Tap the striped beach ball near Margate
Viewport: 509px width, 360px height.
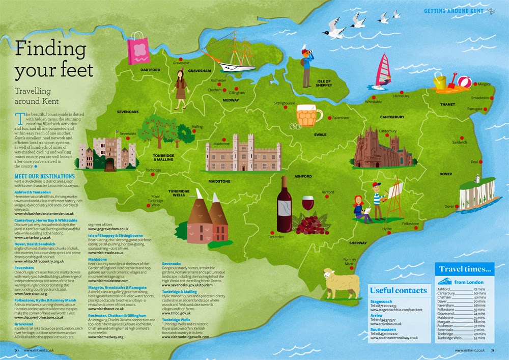464,81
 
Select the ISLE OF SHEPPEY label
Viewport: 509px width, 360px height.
324,83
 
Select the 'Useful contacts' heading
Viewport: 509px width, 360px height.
399,290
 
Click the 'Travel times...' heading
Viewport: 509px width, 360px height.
466,268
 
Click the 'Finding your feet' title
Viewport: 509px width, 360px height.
54,60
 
